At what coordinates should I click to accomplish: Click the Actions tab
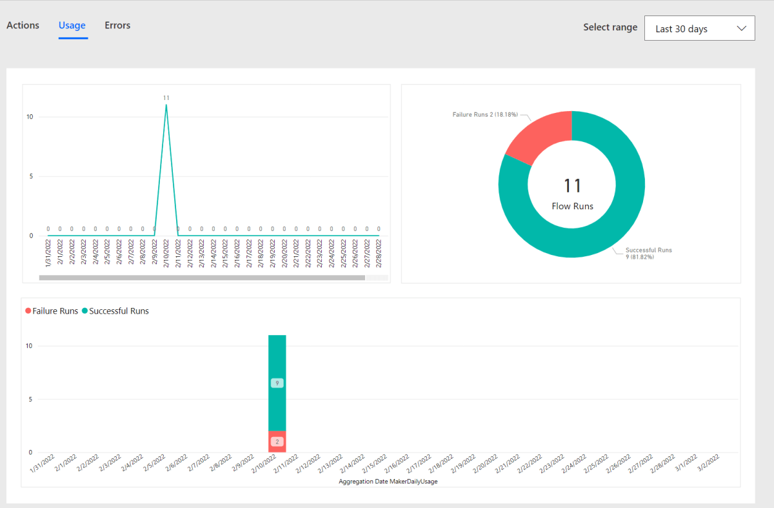[x=23, y=26]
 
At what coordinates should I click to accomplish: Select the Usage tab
[x=72, y=26]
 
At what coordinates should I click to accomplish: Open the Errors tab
[x=117, y=26]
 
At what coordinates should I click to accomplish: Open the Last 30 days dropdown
[x=699, y=28]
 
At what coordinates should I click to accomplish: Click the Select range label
[x=610, y=27]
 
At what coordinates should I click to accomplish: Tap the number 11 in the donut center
[x=572, y=186]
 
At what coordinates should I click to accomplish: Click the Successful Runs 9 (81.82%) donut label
[x=648, y=253]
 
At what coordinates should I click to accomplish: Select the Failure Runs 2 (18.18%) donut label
[x=484, y=114]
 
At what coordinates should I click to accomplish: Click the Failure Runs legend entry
[x=52, y=311]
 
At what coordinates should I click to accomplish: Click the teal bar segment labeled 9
[x=277, y=383]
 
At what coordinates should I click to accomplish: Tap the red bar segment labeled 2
[x=277, y=442]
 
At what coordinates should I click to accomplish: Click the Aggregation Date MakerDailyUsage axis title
[x=388, y=482]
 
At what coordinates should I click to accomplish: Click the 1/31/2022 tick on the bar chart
[x=43, y=463]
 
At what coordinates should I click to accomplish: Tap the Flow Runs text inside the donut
[x=572, y=207]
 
